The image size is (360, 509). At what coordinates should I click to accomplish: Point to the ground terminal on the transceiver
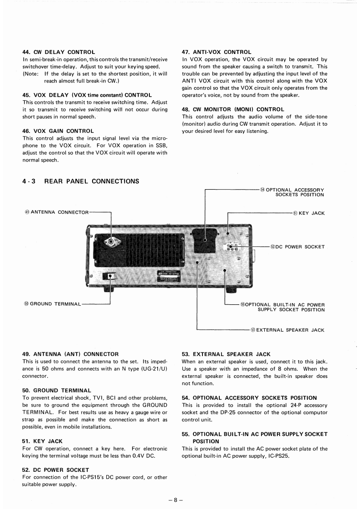click(x=110, y=275)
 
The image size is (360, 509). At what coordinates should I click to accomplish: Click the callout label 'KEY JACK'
click(x=311, y=213)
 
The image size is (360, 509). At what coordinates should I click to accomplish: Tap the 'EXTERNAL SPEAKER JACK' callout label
click(x=290, y=330)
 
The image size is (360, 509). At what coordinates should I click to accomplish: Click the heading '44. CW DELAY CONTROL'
click(x=59, y=52)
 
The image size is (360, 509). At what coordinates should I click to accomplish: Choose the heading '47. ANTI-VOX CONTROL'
click(x=216, y=52)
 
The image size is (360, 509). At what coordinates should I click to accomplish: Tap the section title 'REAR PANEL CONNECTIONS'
click(x=91, y=181)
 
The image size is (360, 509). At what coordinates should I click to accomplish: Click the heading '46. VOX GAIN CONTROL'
click(x=58, y=131)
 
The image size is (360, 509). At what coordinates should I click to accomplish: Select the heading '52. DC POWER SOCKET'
click(x=55, y=469)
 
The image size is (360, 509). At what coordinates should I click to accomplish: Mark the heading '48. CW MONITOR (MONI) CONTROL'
click(x=233, y=109)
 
